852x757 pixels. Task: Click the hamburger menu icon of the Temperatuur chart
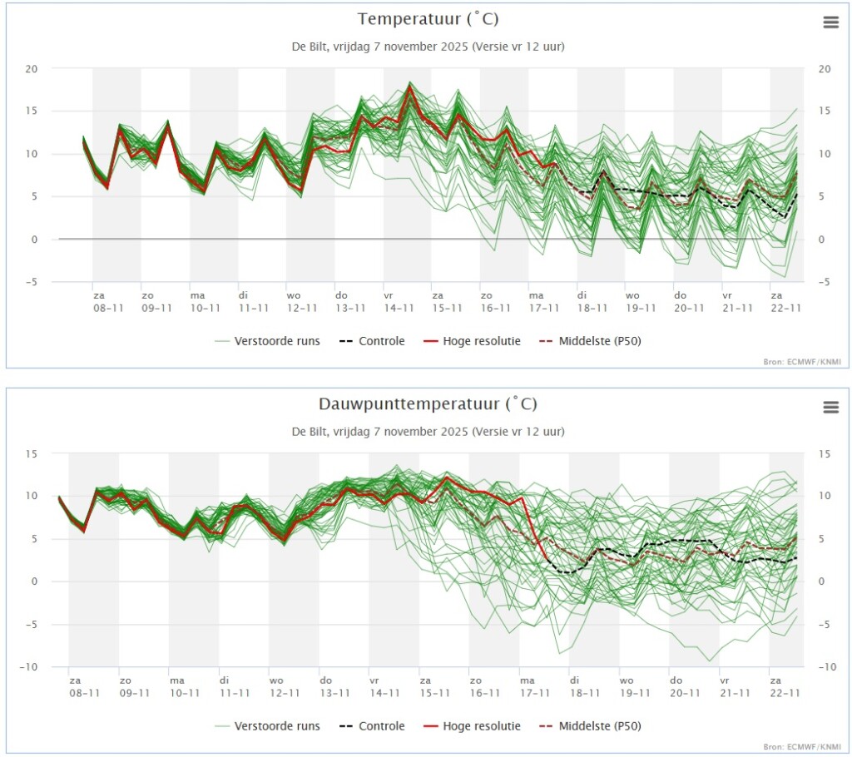(x=831, y=22)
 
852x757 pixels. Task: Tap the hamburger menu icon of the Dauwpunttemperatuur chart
(x=831, y=407)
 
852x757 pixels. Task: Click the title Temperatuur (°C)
(x=428, y=19)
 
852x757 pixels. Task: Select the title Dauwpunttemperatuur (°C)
(x=428, y=403)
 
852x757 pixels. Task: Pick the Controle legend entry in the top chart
(x=372, y=341)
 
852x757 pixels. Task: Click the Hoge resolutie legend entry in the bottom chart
(x=473, y=726)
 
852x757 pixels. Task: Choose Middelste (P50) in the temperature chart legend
(x=591, y=341)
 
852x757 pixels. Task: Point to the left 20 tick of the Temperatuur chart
(x=32, y=69)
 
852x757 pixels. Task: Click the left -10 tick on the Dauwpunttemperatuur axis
(x=28, y=667)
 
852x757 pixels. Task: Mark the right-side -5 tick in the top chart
(x=824, y=282)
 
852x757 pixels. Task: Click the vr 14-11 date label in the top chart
(x=399, y=302)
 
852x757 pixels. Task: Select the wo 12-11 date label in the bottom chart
(x=285, y=686)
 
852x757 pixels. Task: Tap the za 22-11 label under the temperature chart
(x=785, y=302)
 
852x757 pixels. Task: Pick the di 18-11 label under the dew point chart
(x=585, y=686)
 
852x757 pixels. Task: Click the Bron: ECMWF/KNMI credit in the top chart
(x=802, y=361)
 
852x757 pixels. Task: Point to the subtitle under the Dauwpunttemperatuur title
(x=428, y=432)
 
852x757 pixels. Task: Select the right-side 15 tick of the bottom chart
(x=824, y=453)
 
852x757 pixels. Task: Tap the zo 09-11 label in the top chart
(x=156, y=302)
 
